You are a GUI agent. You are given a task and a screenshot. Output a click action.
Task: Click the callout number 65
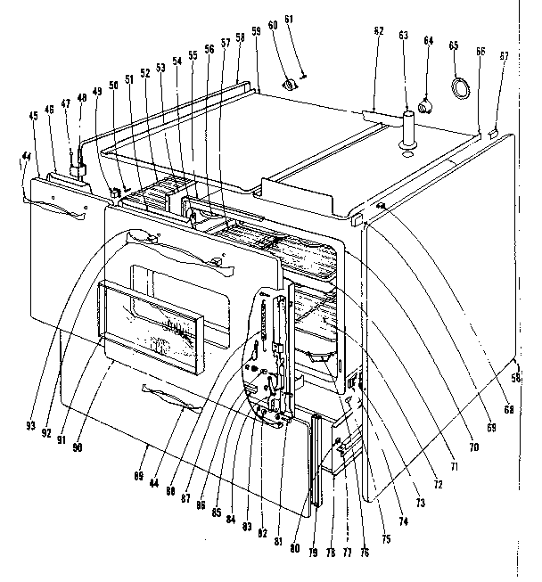click(x=454, y=45)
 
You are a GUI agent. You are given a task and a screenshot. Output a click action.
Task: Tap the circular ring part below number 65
click(x=461, y=88)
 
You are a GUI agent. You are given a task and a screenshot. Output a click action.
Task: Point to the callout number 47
click(x=66, y=105)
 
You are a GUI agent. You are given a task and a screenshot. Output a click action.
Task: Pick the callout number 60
click(x=273, y=51)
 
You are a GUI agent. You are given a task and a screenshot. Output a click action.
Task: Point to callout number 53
click(x=160, y=68)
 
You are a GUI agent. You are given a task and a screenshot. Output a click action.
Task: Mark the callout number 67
click(x=504, y=55)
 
